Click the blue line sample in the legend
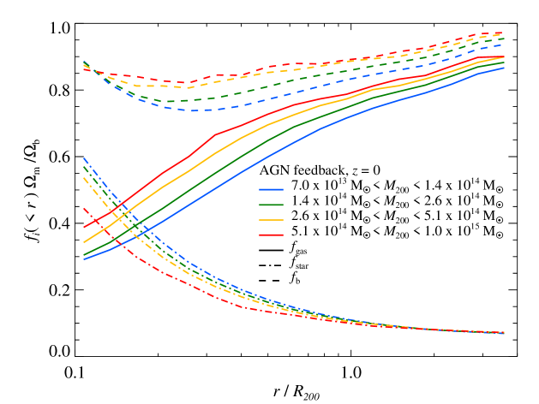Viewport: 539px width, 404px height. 271,189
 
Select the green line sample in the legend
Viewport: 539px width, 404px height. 271,205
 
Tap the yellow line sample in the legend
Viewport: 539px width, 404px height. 271,220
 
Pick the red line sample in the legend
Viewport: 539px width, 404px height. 271,235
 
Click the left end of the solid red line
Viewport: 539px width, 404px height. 84,228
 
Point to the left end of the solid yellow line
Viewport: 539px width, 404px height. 84,242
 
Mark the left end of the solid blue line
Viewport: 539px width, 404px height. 84,258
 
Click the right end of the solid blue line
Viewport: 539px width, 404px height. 504,68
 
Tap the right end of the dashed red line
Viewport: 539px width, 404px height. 504,33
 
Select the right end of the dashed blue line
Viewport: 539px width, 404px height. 504,45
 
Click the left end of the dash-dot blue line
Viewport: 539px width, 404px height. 84,158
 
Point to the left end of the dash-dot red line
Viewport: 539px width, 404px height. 84,208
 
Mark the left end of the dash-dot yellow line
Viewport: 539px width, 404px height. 84,178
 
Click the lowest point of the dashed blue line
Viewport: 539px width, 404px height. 190,110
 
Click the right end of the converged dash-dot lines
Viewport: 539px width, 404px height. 504,332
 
